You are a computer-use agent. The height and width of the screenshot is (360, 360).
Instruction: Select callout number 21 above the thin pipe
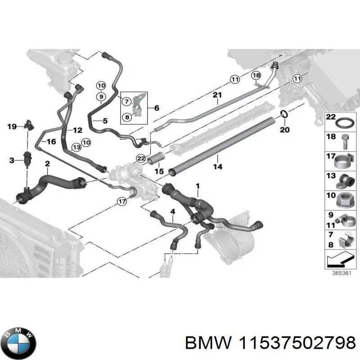tap(217, 95)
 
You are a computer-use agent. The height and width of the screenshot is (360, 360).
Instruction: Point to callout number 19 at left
tap(12, 126)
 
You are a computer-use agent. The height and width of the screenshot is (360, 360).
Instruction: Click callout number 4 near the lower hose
tap(172, 212)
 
